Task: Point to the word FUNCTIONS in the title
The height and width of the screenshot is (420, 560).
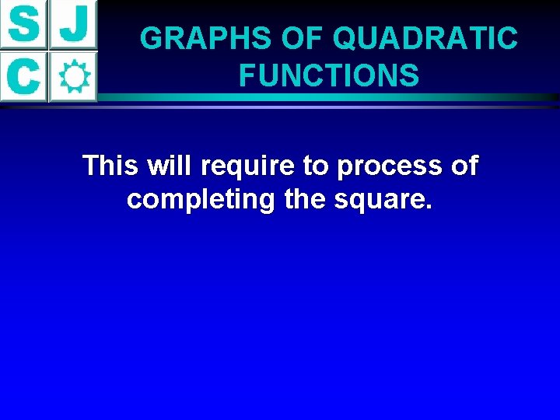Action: tap(329, 75)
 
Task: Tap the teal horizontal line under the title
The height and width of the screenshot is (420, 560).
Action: tap(327, 99)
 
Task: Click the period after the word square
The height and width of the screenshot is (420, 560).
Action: tap(429, 208)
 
